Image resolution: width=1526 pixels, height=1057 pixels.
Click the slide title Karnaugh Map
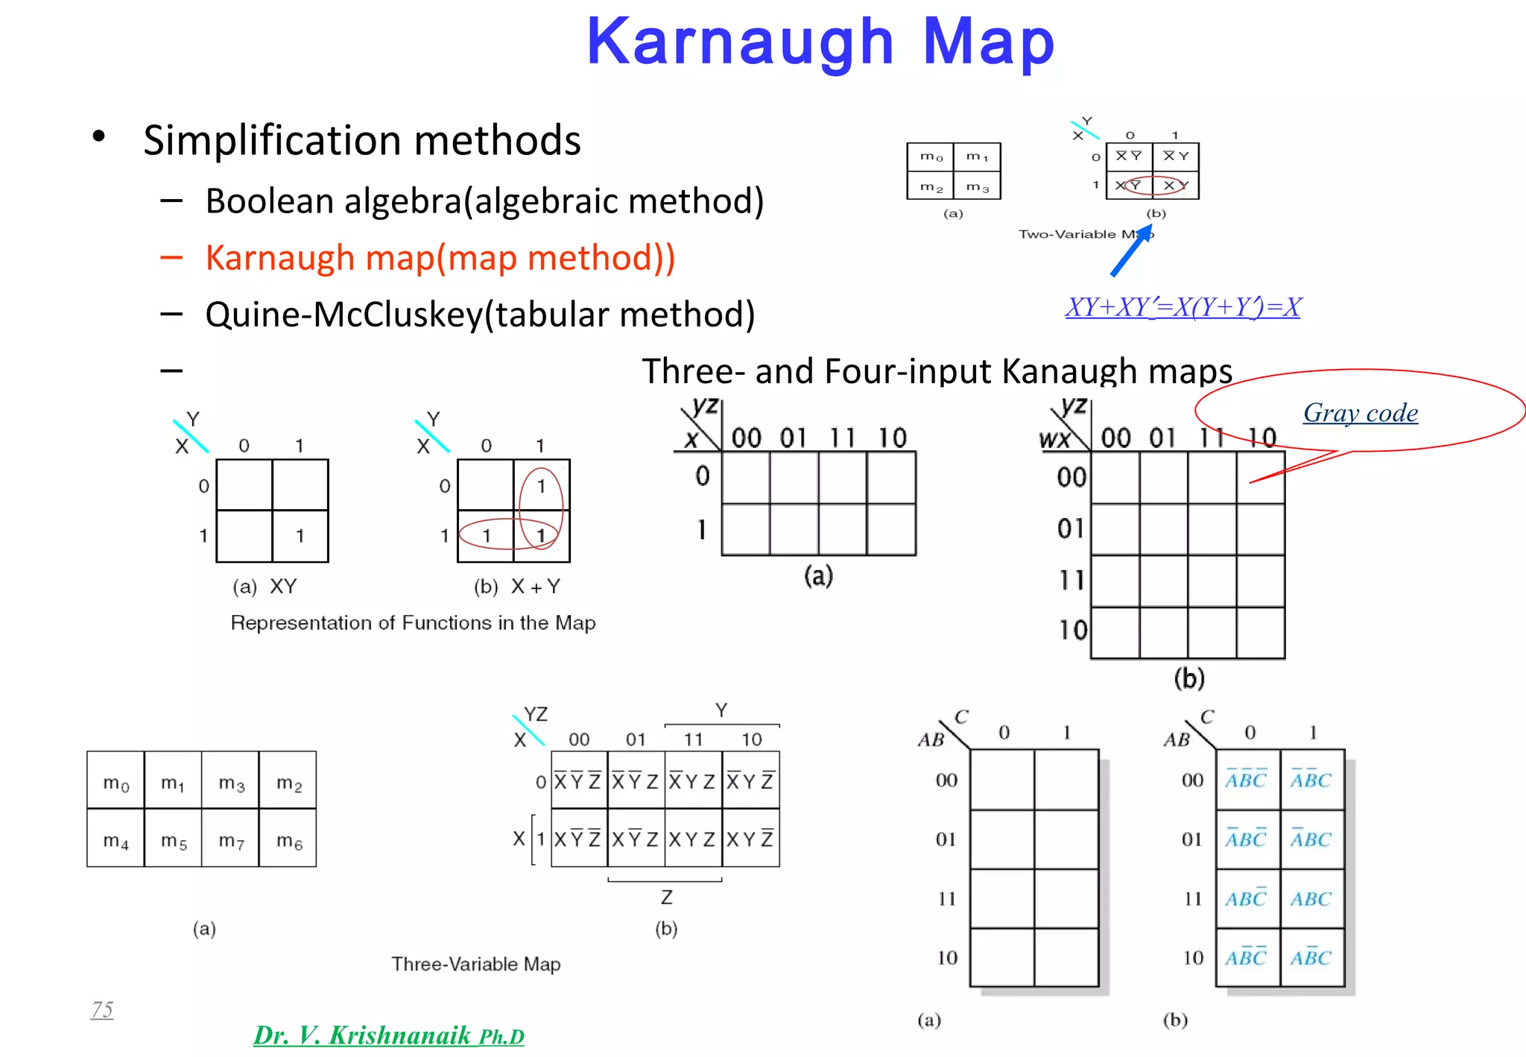pos(820,42)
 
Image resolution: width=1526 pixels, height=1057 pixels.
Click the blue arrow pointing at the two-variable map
pos(1131,253)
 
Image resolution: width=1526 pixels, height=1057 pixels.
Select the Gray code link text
pos(1360,413)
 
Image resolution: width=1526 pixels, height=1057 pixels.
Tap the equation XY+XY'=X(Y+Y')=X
pos(1183,307)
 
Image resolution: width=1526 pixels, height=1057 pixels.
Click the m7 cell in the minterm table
pos(231,841)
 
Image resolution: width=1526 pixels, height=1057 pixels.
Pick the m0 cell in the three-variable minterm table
pos(115,783)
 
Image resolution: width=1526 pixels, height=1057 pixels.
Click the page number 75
pos(102,1009)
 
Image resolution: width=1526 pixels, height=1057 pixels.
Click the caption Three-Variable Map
pos(476,964)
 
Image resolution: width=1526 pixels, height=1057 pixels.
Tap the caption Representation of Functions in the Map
pos(413,622)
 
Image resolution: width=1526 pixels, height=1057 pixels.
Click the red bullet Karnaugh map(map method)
pos(440,258)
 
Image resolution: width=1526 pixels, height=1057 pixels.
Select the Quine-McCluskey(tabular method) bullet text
pos(480,315)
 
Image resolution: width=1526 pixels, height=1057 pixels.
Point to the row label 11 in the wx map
pos(1072,580)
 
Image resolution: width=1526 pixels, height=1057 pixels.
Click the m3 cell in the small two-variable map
pos(977,186)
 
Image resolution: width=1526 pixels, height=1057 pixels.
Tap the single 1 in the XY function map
pos(300,536)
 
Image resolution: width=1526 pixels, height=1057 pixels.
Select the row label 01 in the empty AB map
pos(946,839)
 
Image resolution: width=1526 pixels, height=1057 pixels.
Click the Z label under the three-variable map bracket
pos(666,897)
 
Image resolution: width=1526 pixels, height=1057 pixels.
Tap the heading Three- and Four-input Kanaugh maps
pos(937,370)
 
